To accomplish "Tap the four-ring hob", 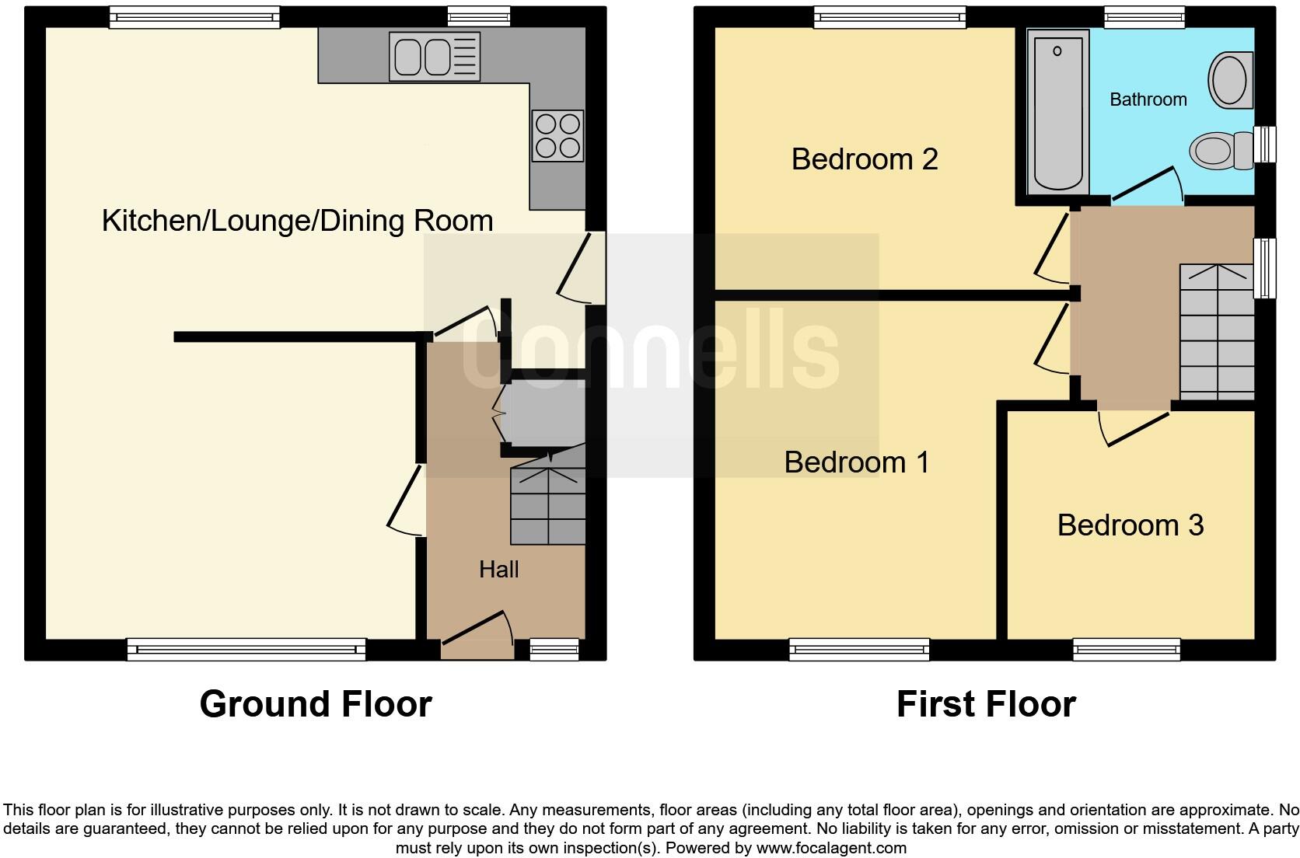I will click(557, 136).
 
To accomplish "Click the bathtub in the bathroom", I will click(1057, 113).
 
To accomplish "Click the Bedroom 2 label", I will click(864, 159).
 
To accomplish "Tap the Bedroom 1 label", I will click(856, 462).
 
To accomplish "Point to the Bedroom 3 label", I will click(1130, 525).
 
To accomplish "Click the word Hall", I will click(498, 570).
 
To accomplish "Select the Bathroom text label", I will click(1148, 99).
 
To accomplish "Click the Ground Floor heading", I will click(315, 704).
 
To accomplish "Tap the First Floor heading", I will click(985, 704).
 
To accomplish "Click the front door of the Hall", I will click(475, 628).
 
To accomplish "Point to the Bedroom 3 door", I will click(1137, 429).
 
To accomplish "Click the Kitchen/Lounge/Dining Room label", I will click(297, 221).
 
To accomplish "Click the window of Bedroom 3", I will click(1126, 649).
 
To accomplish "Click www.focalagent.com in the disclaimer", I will click(831, 848).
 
